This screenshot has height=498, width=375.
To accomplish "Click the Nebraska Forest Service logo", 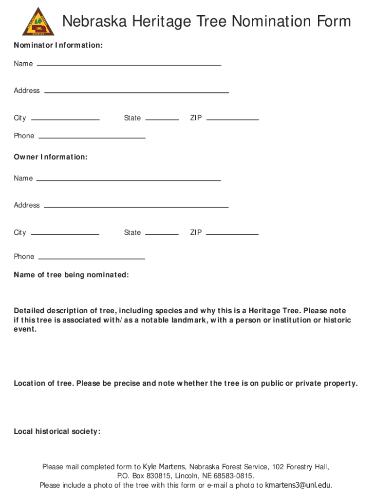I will click(x=38, y=21).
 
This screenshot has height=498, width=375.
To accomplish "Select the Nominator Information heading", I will click(x=58, y=45).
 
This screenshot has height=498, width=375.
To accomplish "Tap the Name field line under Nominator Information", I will click(x=129, y=64).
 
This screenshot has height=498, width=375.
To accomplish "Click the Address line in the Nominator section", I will click(x=136, y=91).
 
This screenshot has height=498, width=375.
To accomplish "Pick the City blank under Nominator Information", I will click(x=65, y=119).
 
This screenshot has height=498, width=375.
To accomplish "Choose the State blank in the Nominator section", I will click(x=162, y=119).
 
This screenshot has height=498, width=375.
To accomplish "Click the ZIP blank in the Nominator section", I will click(x=232, y=119).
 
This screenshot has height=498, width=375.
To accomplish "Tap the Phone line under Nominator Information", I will click(x=92, y=137).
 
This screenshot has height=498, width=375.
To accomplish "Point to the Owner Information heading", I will click(x=51, y=157).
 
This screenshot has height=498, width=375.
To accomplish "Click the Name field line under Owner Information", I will click(x=129, y=179).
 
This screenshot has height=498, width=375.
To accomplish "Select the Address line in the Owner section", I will click(x=136, y=207).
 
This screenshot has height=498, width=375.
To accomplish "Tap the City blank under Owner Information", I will click(x=65, y=233).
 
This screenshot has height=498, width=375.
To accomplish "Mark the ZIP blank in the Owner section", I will click(x=232, y=233).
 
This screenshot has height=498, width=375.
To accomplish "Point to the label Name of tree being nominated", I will click(x=71, y=275).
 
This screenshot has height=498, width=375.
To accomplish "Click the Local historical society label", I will click(x=57, y=431).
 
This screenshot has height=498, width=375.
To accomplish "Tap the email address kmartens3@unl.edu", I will click(x=298, y=485).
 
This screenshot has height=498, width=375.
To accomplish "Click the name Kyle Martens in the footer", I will click(x=164, y=467).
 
